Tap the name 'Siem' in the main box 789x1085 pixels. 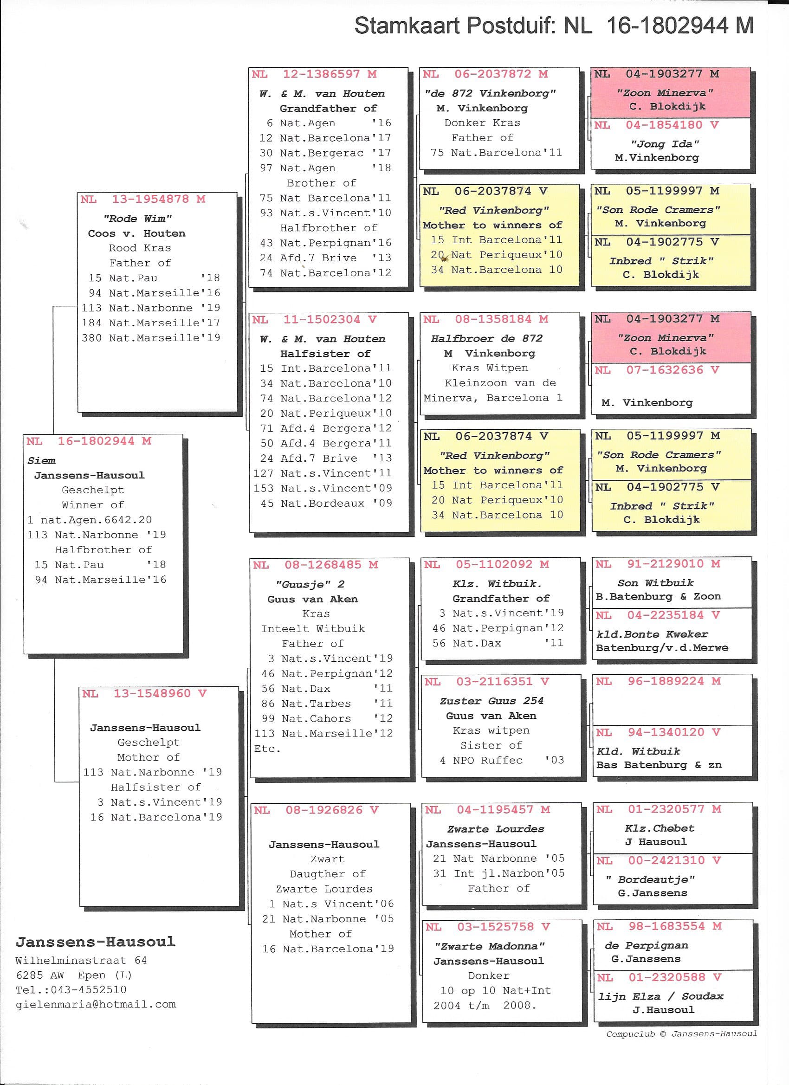(x=41, y=461)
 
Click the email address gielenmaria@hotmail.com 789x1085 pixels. (x=96, y=1005)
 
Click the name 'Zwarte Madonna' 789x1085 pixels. (x=490, y=946)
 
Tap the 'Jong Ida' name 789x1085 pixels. (x=665, y=144)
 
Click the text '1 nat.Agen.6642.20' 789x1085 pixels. (x=90, y=520)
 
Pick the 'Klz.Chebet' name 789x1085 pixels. (x=659, y=828)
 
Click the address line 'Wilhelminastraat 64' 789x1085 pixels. (x=81, y=960)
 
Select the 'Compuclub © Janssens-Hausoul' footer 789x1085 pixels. (x=681, y=1034)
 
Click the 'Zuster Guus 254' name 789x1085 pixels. (x=492, y=701)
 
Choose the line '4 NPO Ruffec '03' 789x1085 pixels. (x=501, y=760)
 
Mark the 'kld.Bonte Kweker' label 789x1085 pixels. (x=652, y=634)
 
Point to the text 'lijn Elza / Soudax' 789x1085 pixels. (x=660, y=996)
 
